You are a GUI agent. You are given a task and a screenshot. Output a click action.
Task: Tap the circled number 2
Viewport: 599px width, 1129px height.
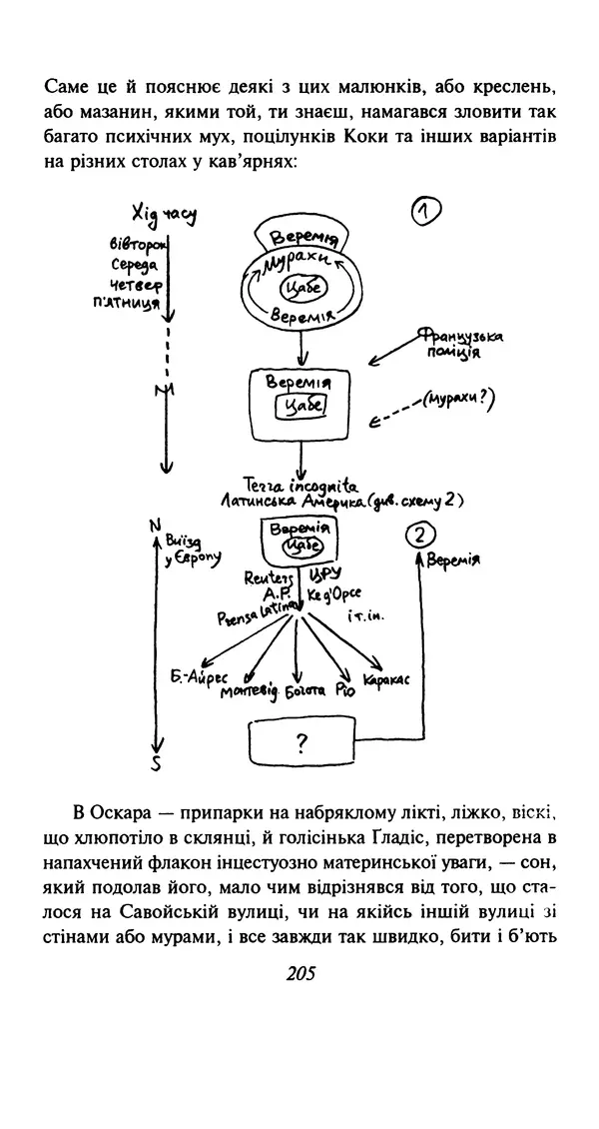point(421,536)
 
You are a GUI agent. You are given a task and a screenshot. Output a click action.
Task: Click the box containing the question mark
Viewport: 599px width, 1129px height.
point(299,742)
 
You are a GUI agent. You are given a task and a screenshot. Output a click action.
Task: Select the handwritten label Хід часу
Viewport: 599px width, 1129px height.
point(163,214)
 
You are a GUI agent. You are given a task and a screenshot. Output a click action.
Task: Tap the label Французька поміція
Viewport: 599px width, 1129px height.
point(459,344)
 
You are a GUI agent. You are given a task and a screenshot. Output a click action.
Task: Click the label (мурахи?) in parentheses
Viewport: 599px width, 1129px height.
point(458,401)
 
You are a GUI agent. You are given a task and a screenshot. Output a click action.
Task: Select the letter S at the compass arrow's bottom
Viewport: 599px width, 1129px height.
point(155,766)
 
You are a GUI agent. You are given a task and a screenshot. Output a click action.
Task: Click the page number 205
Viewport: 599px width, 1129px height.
point(299,972)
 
